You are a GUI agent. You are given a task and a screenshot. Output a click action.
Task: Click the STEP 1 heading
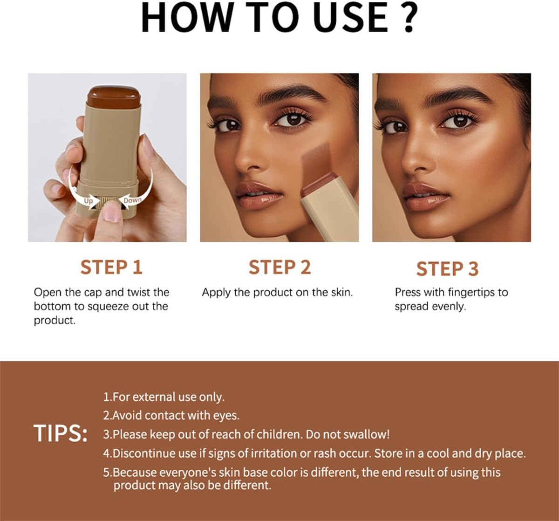click(x=111, y=267)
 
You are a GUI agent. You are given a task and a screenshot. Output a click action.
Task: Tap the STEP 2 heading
click(x=279, y=267)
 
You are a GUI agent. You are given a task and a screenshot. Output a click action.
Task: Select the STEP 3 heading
click(x=447, y=269)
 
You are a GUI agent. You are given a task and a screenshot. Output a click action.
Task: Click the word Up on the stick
click(x=88, y=201)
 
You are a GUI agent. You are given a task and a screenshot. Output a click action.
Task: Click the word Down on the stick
click(x=132, y=200)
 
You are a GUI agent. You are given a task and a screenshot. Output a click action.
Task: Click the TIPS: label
click(x=61, y=434)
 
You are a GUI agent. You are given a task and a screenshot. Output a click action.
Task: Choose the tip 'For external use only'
click(x=164, y=397)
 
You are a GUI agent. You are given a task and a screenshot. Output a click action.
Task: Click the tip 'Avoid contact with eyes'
click(x=171, y=415)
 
